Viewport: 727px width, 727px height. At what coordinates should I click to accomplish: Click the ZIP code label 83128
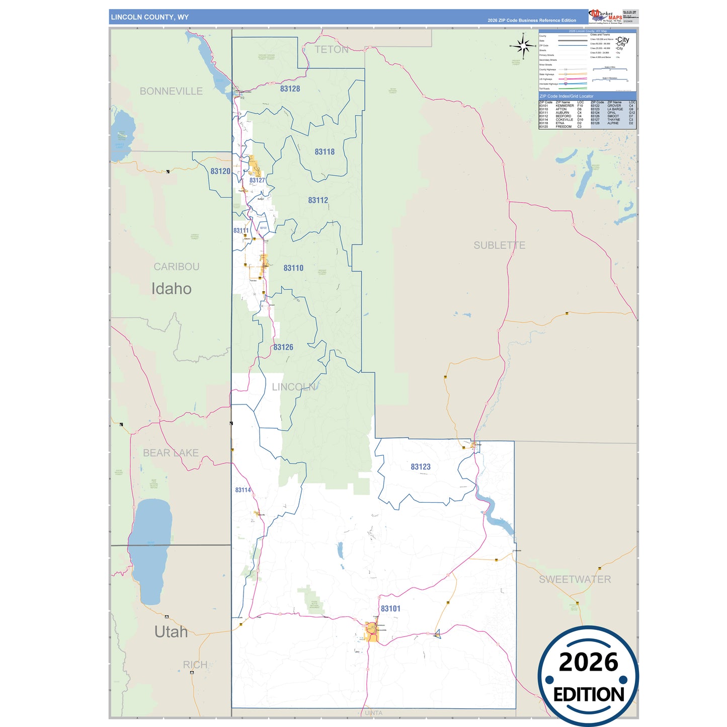(x=290, y=89)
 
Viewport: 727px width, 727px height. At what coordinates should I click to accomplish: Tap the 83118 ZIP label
(x=325, y=151)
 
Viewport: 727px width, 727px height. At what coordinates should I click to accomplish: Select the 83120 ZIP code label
(x=220, y=171)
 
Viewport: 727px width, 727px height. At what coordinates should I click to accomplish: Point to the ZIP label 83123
(x=421, y=466)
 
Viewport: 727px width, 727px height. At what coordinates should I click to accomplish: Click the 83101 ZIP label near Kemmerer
(x=390, y=608)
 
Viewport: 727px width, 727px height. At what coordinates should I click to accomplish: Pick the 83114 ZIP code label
(x=243, y=490)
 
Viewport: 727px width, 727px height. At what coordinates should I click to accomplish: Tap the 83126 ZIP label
(x=283, y=347)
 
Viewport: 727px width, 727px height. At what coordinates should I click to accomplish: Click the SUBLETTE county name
(x=499, y=245)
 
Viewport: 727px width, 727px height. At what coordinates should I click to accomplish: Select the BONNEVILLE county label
(x=171, y=91)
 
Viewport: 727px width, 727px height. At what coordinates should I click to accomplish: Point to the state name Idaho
(x=172, y=289)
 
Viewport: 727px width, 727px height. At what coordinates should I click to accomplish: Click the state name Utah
(x=171, y=631)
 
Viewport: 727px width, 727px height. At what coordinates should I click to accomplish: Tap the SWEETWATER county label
(x=575, y=579)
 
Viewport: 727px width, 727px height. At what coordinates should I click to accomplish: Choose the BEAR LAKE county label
(x=171, y=453)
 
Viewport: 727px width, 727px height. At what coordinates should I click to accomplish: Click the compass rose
(x=523, y=46)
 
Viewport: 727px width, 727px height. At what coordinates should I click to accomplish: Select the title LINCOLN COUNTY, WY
(x=150, y=17)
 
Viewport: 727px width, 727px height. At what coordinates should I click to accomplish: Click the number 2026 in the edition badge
(x=588, y=662)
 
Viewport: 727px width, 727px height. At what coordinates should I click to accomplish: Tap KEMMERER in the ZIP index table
(x=564, y=106)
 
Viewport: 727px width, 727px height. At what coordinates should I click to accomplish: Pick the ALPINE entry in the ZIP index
(x=613, y=123)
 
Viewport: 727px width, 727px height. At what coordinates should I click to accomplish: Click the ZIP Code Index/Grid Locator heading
(x=567, y=96)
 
